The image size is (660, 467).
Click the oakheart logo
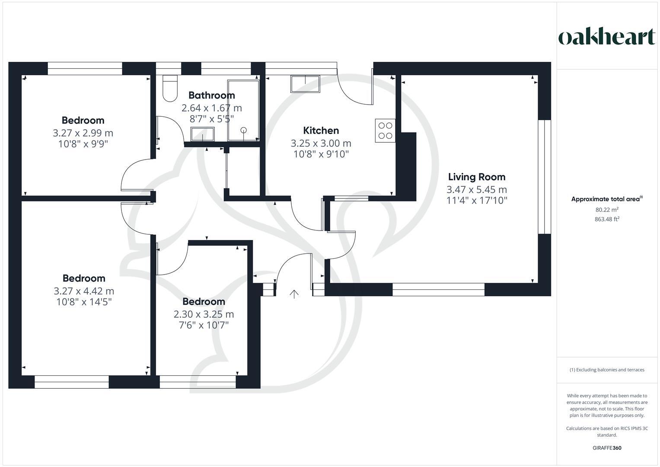[607, 37]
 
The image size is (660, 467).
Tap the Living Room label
[476, 177]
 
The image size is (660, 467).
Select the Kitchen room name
[321, 131]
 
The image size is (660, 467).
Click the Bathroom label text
[211, 96]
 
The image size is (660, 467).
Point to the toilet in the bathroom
[170, 88]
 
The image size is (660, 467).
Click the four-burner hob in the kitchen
[385, 131]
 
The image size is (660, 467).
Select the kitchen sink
[305, 84]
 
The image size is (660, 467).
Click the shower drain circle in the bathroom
[244, 130]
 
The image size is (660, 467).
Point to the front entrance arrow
[294, 294]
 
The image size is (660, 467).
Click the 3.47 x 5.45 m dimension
[476, 189]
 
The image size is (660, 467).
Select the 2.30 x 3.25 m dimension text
[204, 314]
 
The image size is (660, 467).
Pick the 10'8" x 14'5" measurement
[84, 302]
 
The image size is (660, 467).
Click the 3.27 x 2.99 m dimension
[83, 133]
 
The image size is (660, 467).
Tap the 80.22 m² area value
[607, 210]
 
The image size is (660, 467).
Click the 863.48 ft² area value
[607, 219]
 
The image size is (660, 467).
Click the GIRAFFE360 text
[607, 448]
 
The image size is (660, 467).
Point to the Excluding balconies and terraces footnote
[607, 370]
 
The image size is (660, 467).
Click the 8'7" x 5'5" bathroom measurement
[211, 118]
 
